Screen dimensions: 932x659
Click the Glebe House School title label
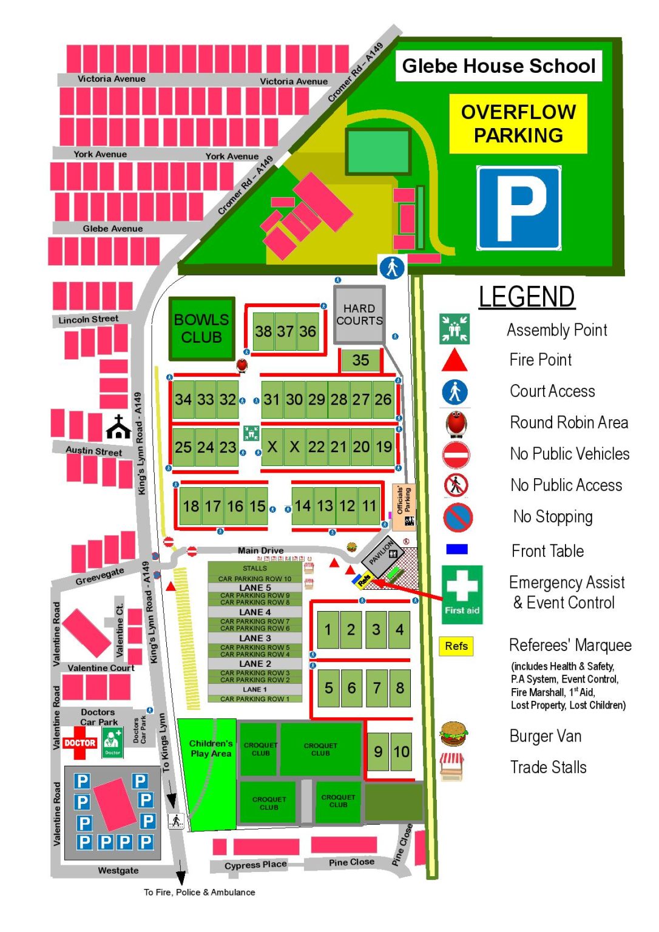pyautogui.click(x=498, y=66)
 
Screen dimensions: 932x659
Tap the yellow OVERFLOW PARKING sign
pyautogui.click(x=518, y=124)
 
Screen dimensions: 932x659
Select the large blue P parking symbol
pyautogui.click(x=518, y=208)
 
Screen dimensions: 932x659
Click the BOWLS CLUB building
pyautogui.click(x=201, y=328)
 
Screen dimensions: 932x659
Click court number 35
pyautogui.click(x=360, y=360)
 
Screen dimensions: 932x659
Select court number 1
pyautogui.click(x=328, y=629)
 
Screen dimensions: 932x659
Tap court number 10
pyautogui.click(x=401, y=752)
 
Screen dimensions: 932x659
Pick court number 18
pyautogui.click(x=191, y=506)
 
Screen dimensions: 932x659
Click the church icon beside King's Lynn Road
pyautogui.click(x=118, y=427)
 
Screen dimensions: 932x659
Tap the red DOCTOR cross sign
pyautogui.click(x=79, y=743)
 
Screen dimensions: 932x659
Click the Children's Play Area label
pyautogui.click(x=211, y=748)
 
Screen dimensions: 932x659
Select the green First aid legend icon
pyautogui.click(x=462, y=594)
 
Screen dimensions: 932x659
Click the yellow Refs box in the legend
pyautogui.click(x=456, y=646)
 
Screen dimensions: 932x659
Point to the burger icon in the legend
pyautogui.click(x=453, y=734)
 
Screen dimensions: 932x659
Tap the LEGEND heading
pyautogui.click(x=526, y=297)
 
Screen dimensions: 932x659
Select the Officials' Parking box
pyautogui.click(x=404, y=505)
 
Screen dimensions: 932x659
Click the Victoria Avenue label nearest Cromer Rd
pyautogui.click(x=294, y=81)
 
